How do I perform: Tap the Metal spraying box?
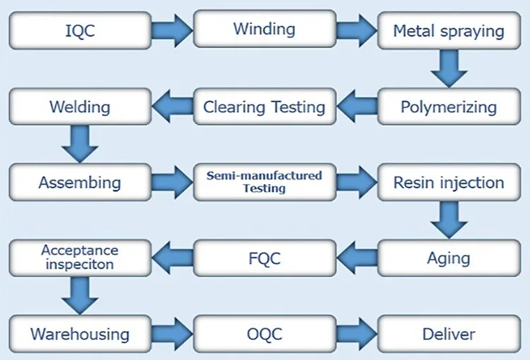[449, 31]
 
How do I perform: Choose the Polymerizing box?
[449, 108]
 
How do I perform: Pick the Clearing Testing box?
[263, 108]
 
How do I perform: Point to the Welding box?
[79, 108]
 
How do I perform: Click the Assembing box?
[79, 183]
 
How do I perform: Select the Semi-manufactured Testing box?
[263, 183]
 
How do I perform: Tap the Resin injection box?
[449, 183]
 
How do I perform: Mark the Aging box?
[449, 257]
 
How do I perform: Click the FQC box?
[263, 257]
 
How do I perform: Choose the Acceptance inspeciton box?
[79, 257]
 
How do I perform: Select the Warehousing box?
[79, 333]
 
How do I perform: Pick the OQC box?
[263, 333]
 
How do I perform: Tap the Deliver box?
[449, 333]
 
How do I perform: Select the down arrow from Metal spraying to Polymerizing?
[449, 69]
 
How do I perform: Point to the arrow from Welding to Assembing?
[79, 145]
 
